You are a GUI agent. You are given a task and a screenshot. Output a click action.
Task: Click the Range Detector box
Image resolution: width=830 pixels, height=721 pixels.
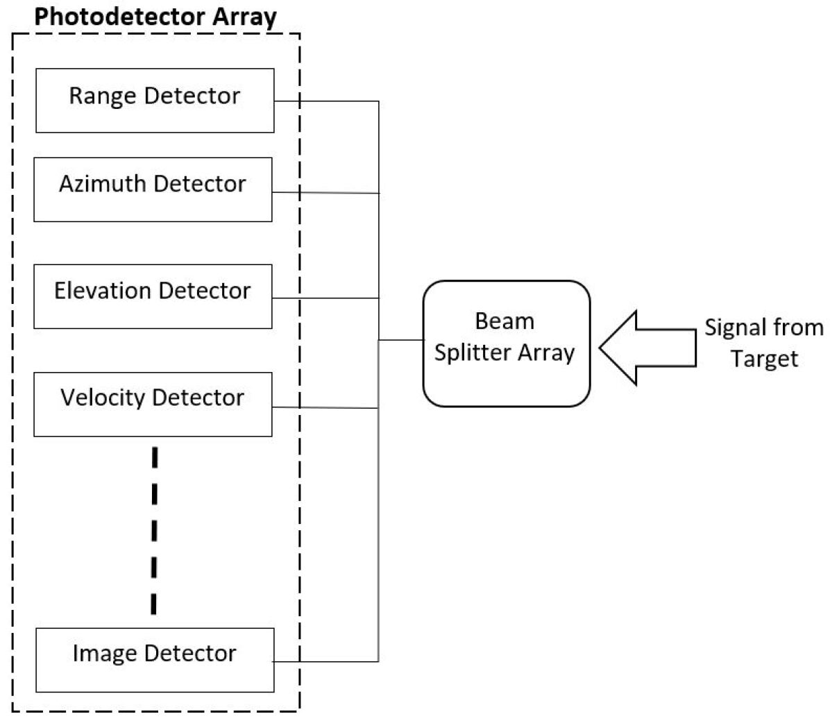coord(155,101)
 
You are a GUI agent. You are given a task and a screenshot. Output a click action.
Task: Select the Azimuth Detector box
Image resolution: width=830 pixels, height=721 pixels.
coord(153,189)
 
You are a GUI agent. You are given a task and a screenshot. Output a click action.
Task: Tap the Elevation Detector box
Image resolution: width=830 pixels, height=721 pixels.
coord(153,296)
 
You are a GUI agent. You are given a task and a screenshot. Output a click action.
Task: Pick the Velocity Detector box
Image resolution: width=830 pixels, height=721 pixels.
coord(153,405)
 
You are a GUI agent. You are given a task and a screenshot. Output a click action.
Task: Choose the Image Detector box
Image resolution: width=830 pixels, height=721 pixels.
coord(155,660)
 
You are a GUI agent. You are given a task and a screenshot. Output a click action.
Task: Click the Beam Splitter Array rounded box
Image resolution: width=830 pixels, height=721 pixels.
coord(506,343)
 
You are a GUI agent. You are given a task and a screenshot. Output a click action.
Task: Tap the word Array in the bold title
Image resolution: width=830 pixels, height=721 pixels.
coord(246,17)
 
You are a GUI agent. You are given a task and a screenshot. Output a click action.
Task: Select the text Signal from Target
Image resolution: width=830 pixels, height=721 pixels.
coord(763,343)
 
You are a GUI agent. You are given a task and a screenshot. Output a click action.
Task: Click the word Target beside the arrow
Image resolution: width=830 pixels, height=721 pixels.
coord(763,359)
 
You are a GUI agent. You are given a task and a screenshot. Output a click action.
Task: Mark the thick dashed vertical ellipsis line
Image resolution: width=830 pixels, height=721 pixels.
coord(154,531)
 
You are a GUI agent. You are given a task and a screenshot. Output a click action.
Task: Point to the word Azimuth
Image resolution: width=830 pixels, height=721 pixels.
coord(103,184)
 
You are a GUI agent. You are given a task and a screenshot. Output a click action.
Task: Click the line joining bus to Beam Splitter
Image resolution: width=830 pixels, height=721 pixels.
coord(401,340)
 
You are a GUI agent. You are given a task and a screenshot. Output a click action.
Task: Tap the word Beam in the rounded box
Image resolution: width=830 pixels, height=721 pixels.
coord(505,321)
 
